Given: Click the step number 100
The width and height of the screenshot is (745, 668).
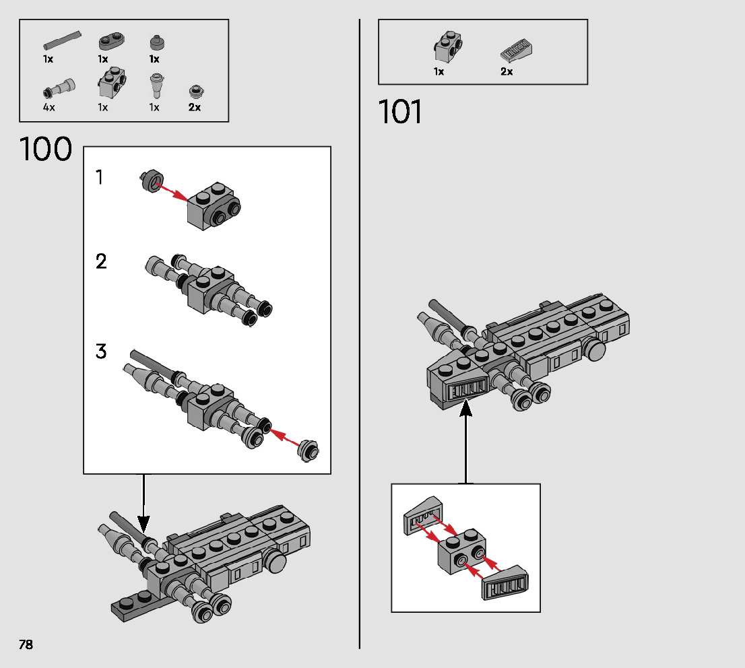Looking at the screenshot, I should [x=46, y=149].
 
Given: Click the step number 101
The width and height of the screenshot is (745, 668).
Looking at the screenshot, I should [x=400, y=112].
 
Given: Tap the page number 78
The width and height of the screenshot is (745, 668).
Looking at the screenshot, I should [x=26, y=644].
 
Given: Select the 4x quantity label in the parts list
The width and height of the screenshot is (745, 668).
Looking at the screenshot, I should [x=48, y=107].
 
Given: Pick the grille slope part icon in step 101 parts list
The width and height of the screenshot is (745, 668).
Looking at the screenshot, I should [x=517, y=50].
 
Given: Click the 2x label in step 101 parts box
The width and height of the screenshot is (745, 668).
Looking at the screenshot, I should [x=507, y=71].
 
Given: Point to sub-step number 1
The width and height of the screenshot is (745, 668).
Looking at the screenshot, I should [x=100, y=178].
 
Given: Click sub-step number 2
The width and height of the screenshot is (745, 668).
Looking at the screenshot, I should [x=101, y=261].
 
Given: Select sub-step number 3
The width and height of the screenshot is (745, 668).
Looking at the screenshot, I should [x=101, y=352].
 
